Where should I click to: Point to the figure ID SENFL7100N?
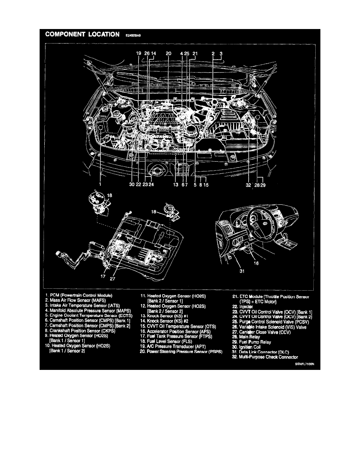[305, 364]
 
